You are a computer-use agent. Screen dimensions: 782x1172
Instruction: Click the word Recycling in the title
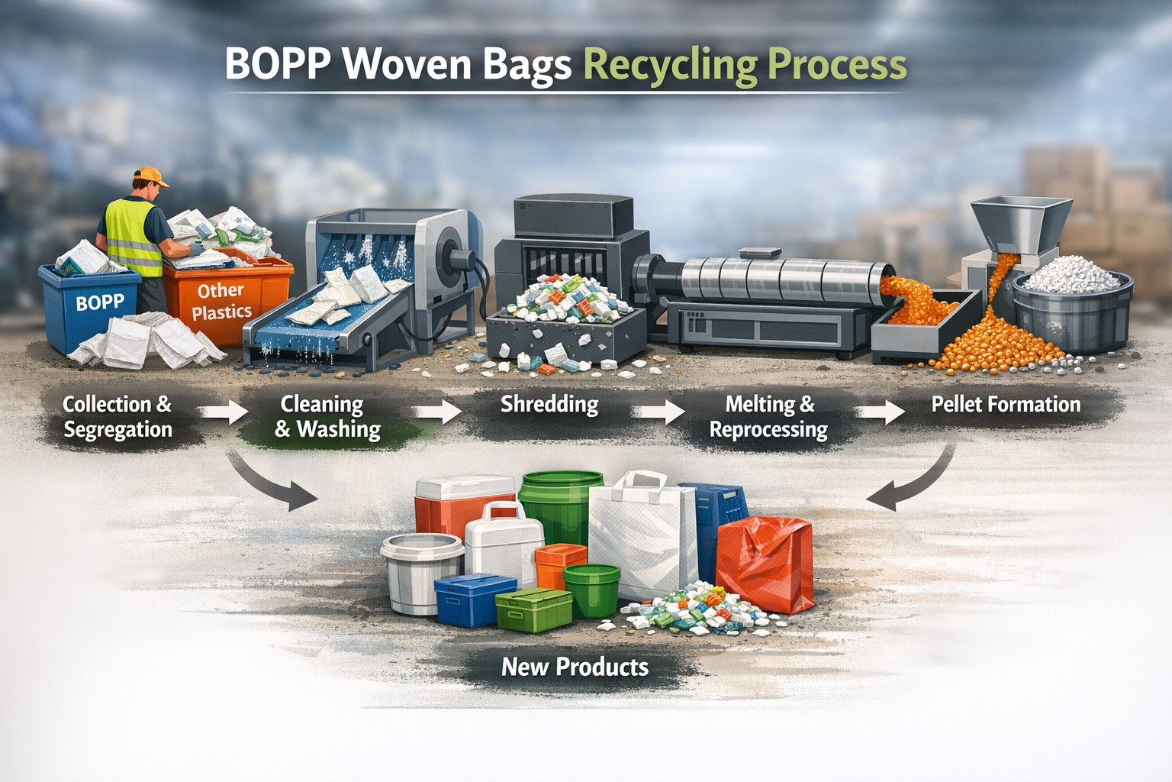pos(670,66)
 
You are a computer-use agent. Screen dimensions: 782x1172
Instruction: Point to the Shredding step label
pos(549,404)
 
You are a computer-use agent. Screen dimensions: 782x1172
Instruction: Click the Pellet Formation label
pos(1006,404)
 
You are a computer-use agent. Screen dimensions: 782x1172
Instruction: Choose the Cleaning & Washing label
pos(327,417)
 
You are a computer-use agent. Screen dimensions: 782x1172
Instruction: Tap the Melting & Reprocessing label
pos(768,417)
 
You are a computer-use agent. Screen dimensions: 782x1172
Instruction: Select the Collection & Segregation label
pos(118,417)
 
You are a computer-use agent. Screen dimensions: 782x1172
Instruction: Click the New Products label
pos(575,667)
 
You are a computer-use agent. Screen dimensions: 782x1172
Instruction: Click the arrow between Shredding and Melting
pos(661,412)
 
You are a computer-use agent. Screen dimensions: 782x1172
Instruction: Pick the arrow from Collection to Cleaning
pos(223,412)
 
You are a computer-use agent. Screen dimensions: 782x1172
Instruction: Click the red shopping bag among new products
pos(766,564)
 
